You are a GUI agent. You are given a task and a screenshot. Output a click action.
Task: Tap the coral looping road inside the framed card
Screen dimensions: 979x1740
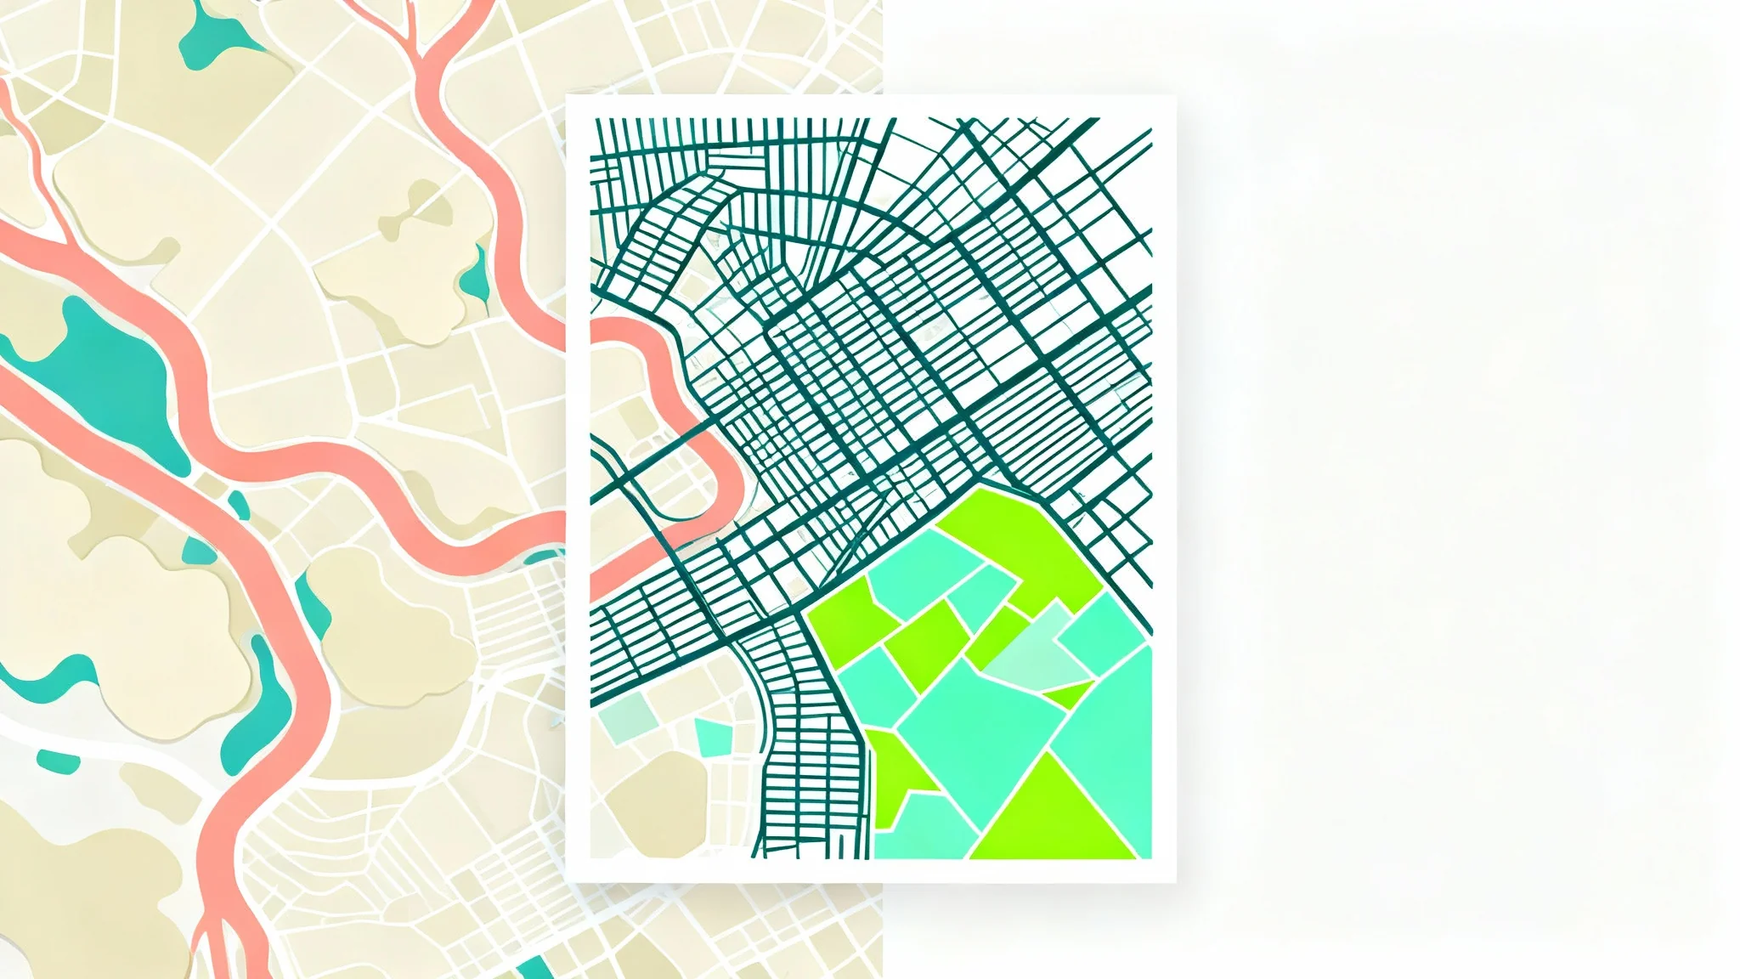(671, 442)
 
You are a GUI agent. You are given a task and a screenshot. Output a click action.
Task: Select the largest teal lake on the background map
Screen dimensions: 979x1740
(110, 374)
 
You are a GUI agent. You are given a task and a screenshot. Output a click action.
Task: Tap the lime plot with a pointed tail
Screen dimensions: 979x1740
(901, 765)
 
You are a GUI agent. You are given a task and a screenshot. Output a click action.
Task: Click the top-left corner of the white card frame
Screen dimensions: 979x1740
(568, 97)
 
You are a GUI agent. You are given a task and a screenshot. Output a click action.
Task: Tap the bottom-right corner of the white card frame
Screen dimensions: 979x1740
(1175, 880)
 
